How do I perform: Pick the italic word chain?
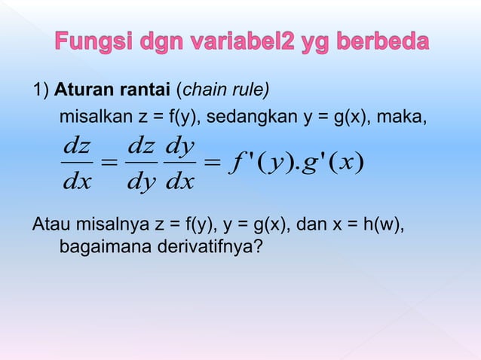(x=199, y=91)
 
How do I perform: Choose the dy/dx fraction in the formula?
(x=180, y=163)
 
